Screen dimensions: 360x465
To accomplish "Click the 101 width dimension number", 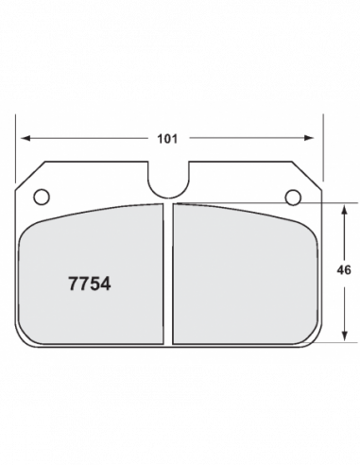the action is [167, 139].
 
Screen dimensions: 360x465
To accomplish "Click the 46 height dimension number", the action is [344, 270].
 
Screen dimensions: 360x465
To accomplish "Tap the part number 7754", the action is [90, 284].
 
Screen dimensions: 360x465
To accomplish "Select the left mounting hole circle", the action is [42, 197].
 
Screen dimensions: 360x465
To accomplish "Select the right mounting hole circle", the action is [293, 198].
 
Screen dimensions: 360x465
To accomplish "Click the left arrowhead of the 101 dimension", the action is [26, 138].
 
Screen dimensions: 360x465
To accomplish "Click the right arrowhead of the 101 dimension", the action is [309, 138].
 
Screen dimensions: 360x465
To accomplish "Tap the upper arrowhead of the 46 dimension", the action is [345, 210].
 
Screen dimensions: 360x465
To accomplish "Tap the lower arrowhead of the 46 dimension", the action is [345, 336].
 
